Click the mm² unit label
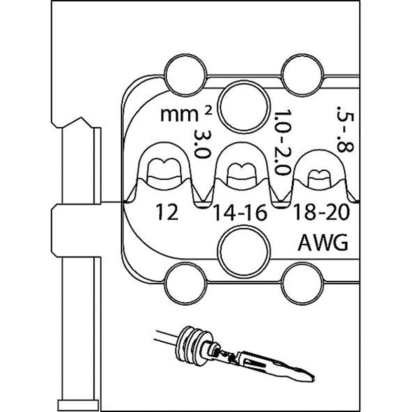pos(180,114)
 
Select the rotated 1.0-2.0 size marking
pos(282,142)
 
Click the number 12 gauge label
pos(167,213)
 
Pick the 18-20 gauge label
pos(321,213)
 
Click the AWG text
pos(323,243)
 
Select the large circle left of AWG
pos(244,251)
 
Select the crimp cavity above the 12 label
pos(164,169)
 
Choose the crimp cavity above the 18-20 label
pos(320,175)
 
